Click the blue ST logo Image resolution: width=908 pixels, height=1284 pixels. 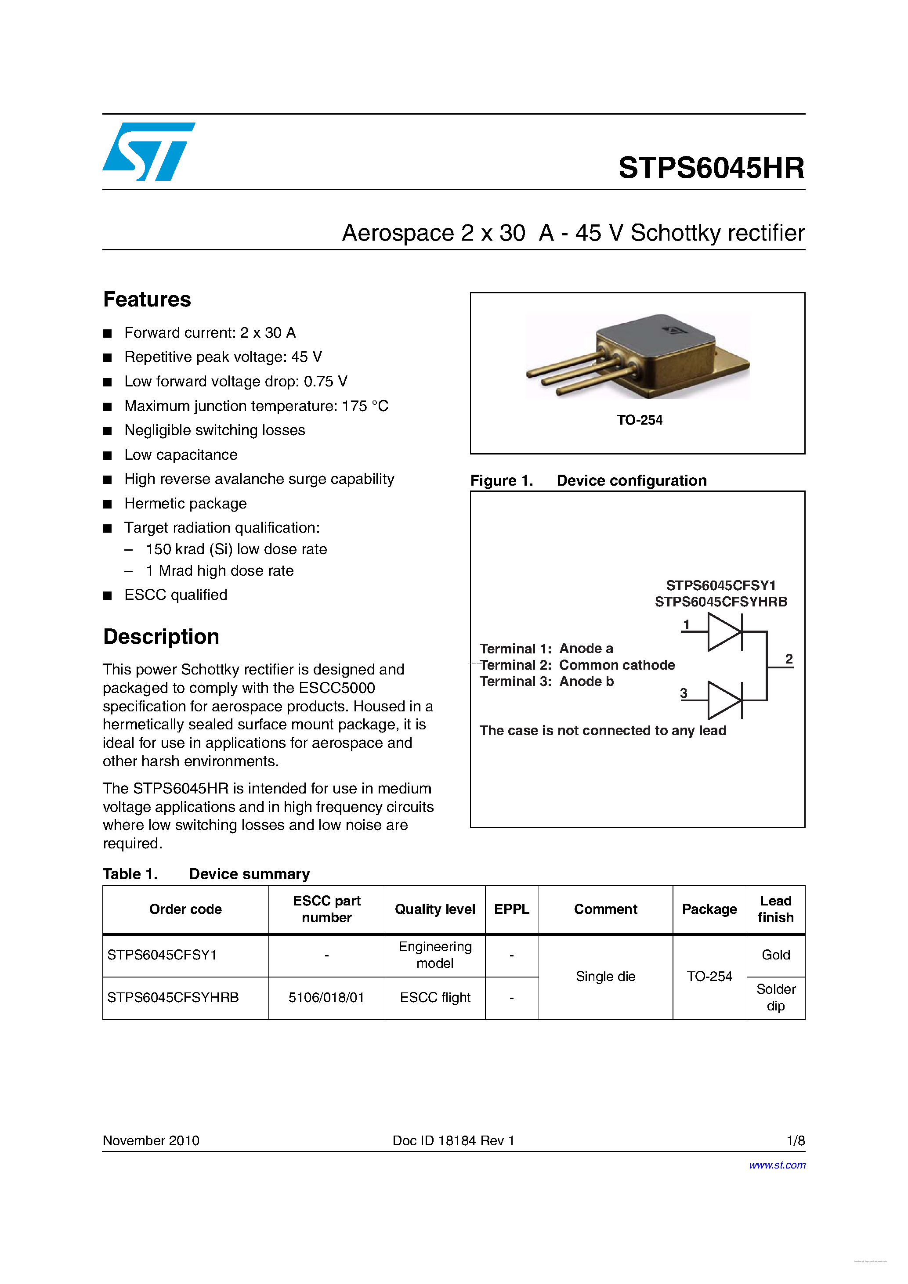click(148, 151)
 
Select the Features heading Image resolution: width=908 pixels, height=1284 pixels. click(147, 299)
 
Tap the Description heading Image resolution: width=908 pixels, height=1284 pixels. click(161, 636)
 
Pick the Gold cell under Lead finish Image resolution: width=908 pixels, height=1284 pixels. click(775, 955)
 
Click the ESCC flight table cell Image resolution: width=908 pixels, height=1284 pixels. click(435, 997)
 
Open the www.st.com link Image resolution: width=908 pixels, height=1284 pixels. click(777, 1165)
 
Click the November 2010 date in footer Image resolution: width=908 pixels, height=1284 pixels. click(151, 1140)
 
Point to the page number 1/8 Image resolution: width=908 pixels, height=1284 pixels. click(795, 1140)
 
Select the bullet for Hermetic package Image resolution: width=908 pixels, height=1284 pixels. click(108, 504)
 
